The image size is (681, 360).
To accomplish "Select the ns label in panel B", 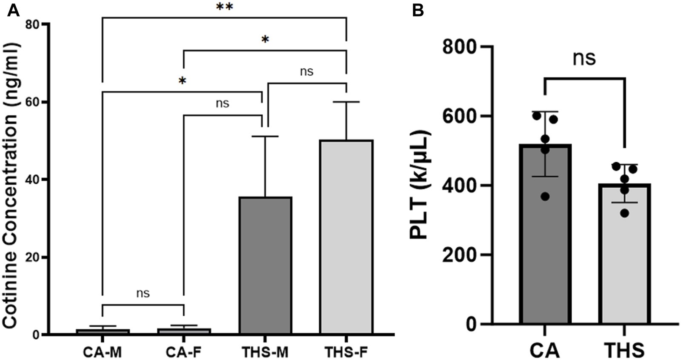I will click(584, 58).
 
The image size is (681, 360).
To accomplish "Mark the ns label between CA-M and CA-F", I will click(143, 293).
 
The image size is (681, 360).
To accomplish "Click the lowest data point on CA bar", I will click(545, 196).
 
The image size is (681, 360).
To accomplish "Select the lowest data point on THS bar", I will click(624, 213).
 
